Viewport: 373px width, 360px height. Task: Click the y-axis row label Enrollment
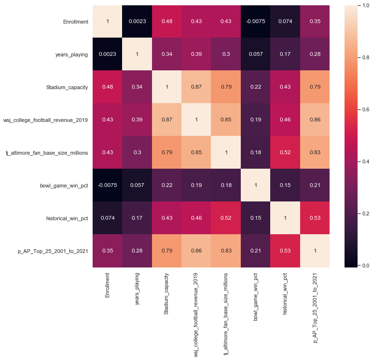pyautogui.click(x=75, y=22)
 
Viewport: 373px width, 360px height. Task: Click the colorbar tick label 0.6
pyautogui.click(x=363, y=109)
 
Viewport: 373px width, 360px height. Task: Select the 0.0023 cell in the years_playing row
pyautogui.click(x=107, y=54)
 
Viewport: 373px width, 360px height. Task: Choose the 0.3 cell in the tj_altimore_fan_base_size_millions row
pyautogui.click(x=137, y=153)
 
